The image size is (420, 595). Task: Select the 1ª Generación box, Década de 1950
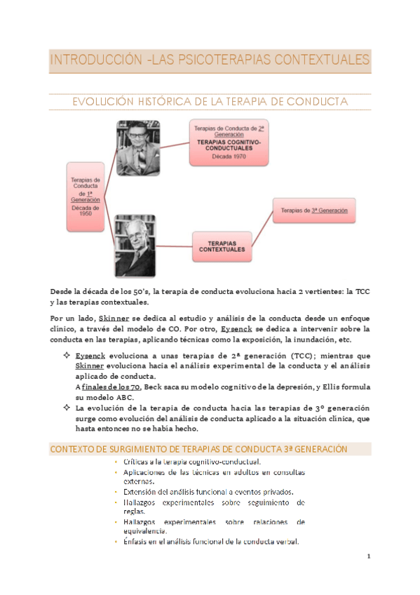click(x=90, y=197)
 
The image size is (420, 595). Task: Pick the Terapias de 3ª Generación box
click(x=313, y=210)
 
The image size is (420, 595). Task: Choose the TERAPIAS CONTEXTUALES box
click(x=222, y=246)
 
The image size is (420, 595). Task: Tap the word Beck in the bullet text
click(x=156, y=387)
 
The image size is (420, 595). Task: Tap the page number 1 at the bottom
click(x=368, y=556)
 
